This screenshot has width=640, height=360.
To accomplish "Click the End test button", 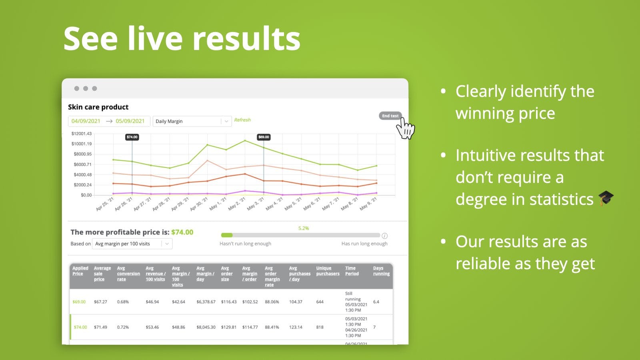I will coord(390,116).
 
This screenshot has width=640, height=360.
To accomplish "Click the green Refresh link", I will coord(242,120).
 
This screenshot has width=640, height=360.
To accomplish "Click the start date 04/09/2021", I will coord(86,121).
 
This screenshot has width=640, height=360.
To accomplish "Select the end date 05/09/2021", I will coord(130,121).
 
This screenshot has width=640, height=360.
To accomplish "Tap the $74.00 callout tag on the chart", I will coord(132,137).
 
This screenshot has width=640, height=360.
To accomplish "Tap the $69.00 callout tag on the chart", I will coord(264,137).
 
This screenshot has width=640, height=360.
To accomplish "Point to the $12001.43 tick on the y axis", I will coord(81,134).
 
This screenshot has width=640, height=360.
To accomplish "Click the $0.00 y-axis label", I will coord(86,195).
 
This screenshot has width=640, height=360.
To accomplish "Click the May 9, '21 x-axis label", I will coord(368,204).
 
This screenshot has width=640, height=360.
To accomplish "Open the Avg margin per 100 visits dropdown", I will coord(132,244).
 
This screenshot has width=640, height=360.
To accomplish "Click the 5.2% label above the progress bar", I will coord(304,228).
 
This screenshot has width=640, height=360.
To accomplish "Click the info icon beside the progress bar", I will coord(384,236).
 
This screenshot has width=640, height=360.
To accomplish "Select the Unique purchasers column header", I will coord(328,271).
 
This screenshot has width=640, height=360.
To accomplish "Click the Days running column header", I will coord(381,271).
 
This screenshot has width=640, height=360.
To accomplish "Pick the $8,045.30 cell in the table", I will coord(206,327).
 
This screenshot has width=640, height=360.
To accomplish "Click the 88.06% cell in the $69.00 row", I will coord(272,302).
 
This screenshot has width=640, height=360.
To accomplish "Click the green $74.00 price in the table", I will coord(80,327).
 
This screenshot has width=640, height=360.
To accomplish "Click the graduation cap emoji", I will coord(606,198).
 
